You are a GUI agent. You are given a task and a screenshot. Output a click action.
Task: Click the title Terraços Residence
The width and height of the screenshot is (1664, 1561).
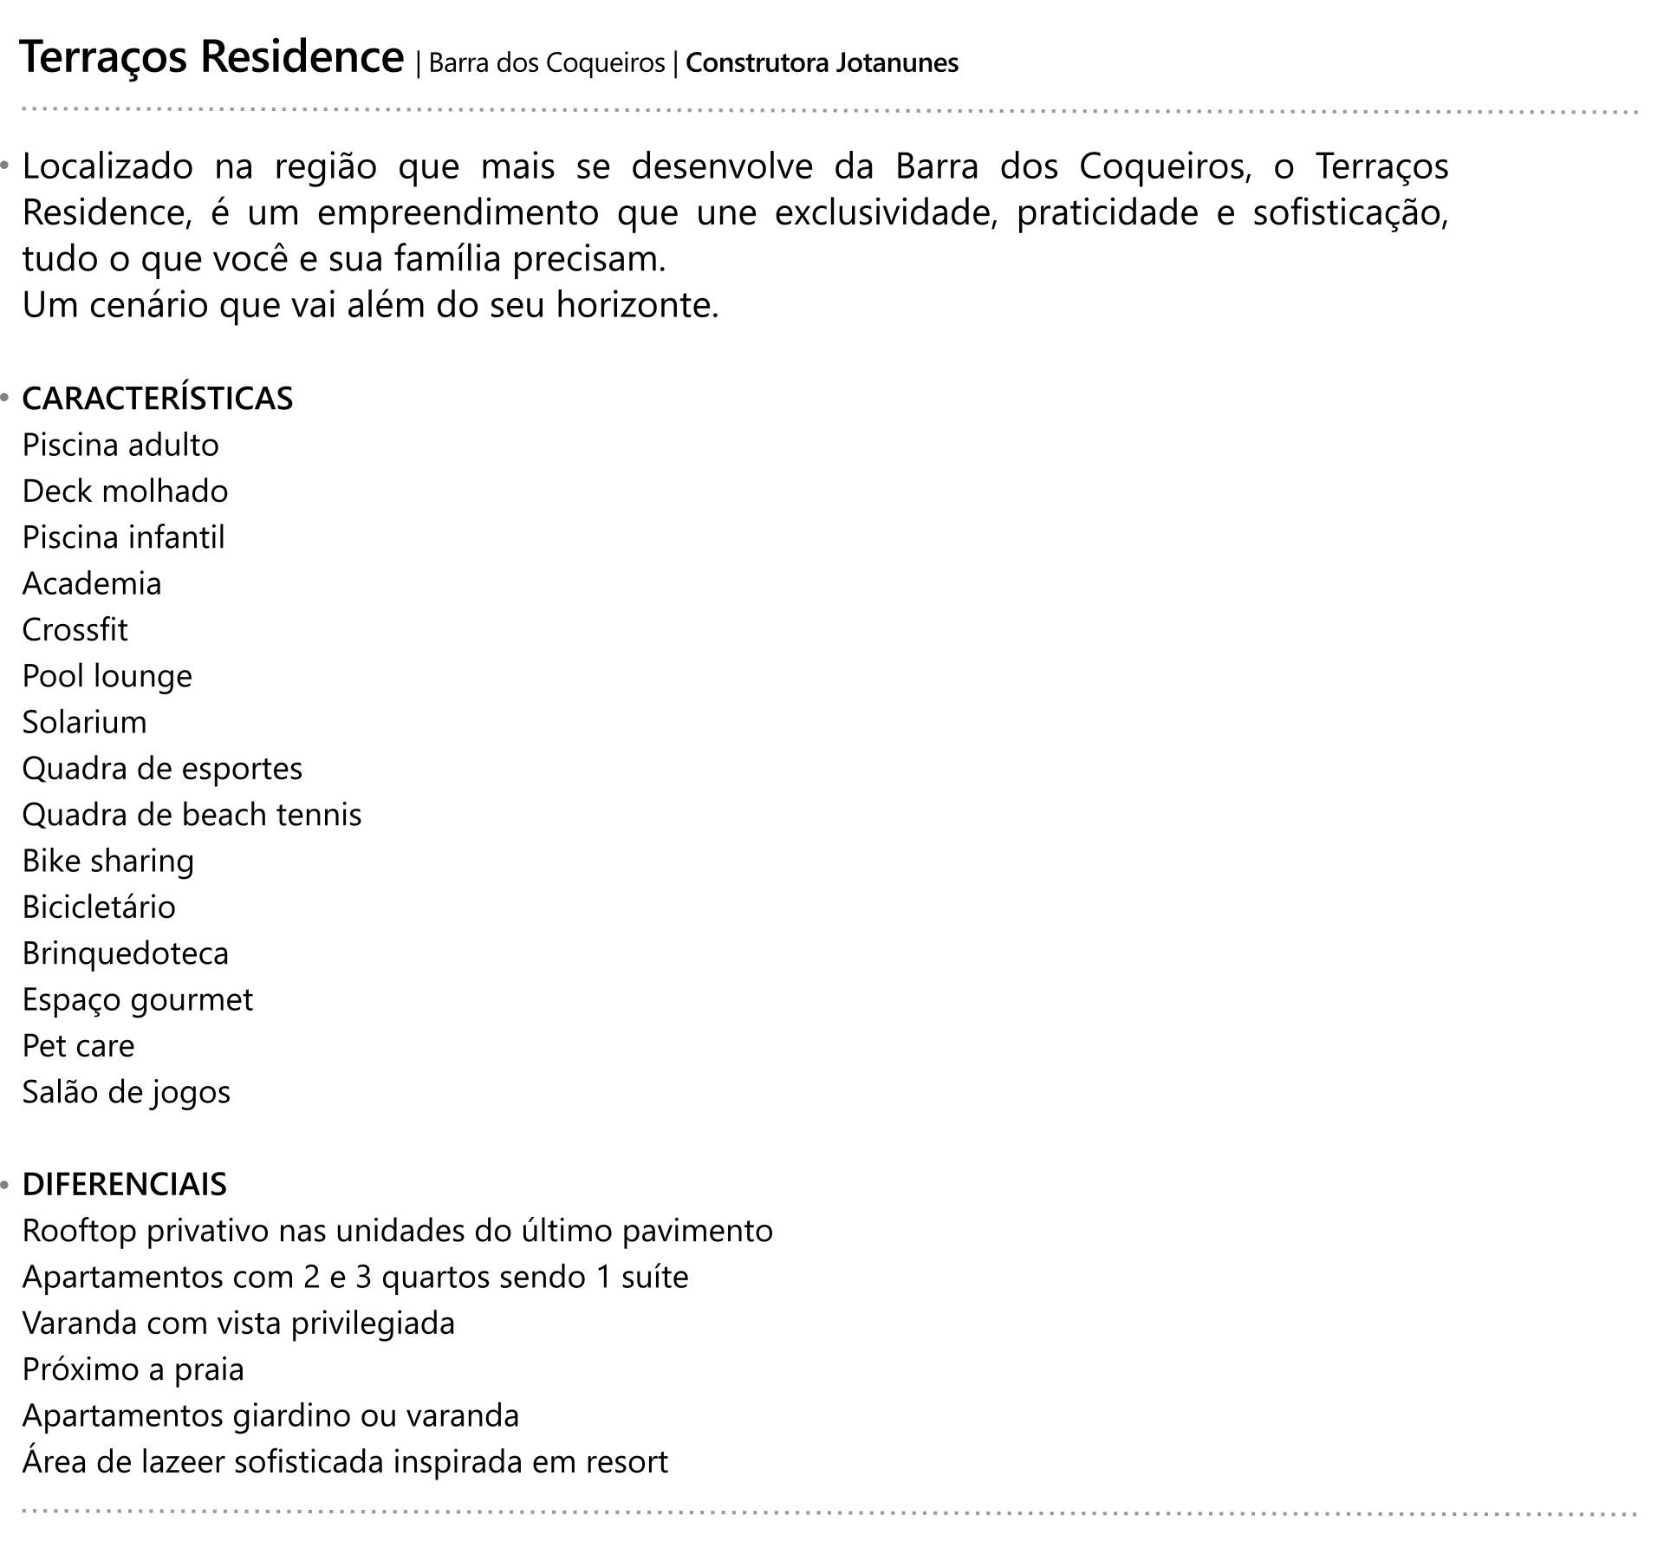(x=211, y=58)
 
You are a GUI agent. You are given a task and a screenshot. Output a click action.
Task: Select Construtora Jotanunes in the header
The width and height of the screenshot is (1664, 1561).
(x=822, y=63)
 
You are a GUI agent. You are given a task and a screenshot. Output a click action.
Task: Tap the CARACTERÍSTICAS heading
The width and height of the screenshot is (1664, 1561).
(x=158, y=399)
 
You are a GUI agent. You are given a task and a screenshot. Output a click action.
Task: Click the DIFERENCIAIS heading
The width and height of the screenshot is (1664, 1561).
(x=125, y=1184)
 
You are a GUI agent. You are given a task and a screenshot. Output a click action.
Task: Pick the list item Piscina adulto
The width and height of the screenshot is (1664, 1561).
(x=120, y=446)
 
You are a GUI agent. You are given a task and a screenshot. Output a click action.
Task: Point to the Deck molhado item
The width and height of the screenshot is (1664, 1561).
(x=125, y=491)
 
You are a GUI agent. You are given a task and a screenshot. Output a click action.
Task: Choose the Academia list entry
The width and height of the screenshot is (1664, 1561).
(x=92, y=583)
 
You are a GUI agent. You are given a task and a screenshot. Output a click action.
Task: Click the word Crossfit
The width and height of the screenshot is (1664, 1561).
(x=75, y=630)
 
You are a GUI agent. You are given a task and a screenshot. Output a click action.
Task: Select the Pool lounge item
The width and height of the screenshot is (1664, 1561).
(x=107, y=676)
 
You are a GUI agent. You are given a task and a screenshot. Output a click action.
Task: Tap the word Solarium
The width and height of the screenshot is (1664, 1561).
(x=85, y=722)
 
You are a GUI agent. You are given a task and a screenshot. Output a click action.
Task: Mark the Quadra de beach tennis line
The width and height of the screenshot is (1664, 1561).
(x=192, y=815)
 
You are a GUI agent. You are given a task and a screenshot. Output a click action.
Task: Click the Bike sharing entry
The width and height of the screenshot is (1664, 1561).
(x=108, y=862)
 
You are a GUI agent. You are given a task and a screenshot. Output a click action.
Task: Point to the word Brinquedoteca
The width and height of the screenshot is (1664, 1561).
(x=126, y=953)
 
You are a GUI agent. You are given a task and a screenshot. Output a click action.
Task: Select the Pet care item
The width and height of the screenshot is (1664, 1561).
(x=79, y=1046)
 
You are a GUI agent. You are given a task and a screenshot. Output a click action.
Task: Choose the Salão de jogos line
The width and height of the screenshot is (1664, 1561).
(x=127, y=1092)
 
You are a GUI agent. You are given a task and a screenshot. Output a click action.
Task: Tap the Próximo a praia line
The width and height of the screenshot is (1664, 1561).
(x=133, y=1369)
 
